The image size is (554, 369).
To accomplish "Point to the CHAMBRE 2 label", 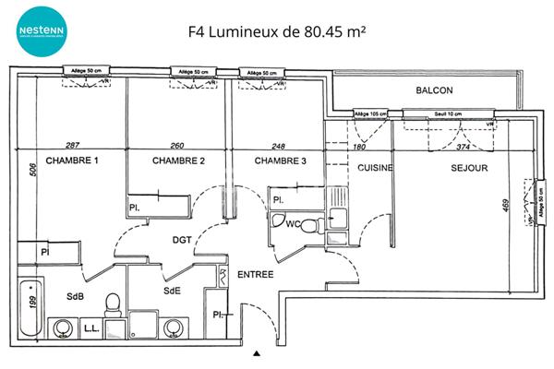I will (x=178, y=161).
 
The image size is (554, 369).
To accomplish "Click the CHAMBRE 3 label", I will (x=281, y=161).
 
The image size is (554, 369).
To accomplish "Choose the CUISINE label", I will (x=375, y=168).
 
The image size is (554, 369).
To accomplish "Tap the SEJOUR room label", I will (x=469, y=168).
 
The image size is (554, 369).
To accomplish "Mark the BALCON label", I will (x=434, y=90).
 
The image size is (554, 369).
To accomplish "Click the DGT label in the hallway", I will (x=182, y=240).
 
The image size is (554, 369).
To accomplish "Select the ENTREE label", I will (x=256, y=275).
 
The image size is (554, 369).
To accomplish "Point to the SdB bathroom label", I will (x=75, y=295).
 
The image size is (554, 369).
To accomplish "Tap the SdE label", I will (x=171, y=291).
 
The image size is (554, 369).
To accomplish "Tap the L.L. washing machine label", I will (x=91, y=328).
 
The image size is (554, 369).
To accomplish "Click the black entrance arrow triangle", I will (x=258, y=352).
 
